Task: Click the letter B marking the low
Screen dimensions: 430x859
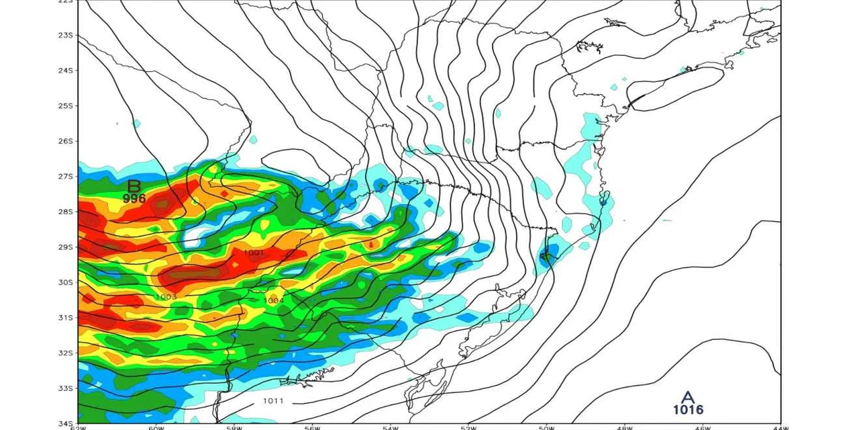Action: (x=134, y=186)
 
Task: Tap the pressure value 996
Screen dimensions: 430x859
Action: (x=134, y=199)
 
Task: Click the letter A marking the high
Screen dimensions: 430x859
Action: (x=688, y=398)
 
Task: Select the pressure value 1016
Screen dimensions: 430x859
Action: (x=688, y=410)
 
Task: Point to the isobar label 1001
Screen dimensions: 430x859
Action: (x=254, y=253)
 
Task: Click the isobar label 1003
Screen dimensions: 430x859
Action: (x=166, y=297)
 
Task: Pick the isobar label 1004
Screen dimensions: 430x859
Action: (x=274, y=300)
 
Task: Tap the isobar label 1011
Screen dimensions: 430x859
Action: (x=273, y=401)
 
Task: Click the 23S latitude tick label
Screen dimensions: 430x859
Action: (x=66, y=35)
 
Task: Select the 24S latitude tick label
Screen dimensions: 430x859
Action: (x=66, y=71)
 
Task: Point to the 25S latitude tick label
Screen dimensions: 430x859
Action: (x=66, y=106)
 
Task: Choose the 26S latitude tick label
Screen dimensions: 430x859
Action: (x=66, y=141)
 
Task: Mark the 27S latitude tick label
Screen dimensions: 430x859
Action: (x=66, y=177)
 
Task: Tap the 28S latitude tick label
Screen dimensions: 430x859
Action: (x=66, y=212)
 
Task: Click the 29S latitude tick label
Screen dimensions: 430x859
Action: (x=66, y=247)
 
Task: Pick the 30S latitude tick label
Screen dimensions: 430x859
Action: (x=66, y=282)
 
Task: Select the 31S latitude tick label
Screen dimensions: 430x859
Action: (x=66, y=318)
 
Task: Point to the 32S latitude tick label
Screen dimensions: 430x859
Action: (x=66, y=353)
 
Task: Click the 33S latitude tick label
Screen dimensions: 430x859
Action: (x=66, y=388)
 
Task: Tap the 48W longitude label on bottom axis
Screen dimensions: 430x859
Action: (x=625, y=427)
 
